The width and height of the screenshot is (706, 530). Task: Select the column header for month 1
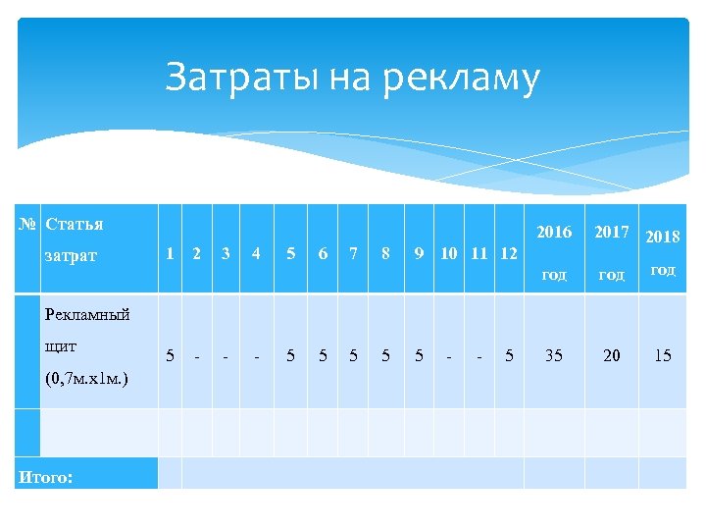(x=170, y=253)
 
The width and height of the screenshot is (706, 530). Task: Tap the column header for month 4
(x=256, y=253)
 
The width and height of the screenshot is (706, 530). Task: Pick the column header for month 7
(x=354, y=253)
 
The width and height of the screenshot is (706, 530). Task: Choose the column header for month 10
(x=448, y=253)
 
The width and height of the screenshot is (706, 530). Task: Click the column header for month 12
(x=508, y=253)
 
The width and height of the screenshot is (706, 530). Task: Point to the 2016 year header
(x=554, y=232)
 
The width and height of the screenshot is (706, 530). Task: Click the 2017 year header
(x=612, y=232)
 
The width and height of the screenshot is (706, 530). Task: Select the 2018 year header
(x=663, y=236)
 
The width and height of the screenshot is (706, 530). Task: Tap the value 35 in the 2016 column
(x=554, y=355)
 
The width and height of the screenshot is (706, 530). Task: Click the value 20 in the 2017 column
(x=612, y=355)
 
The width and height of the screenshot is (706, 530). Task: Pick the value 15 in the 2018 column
(x=663, y=355)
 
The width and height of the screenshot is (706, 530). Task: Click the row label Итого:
(x=44, y=478)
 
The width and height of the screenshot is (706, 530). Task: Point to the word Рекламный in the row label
(x=88, y=314)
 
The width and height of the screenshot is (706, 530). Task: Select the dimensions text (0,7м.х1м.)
(x=86, y=378)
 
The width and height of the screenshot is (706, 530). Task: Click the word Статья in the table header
(x=75, y=224)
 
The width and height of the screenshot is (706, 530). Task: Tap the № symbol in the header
(x=28, y=224)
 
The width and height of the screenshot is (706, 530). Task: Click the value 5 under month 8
(x=386, y=355)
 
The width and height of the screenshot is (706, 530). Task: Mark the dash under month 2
(x=197, y=355)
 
